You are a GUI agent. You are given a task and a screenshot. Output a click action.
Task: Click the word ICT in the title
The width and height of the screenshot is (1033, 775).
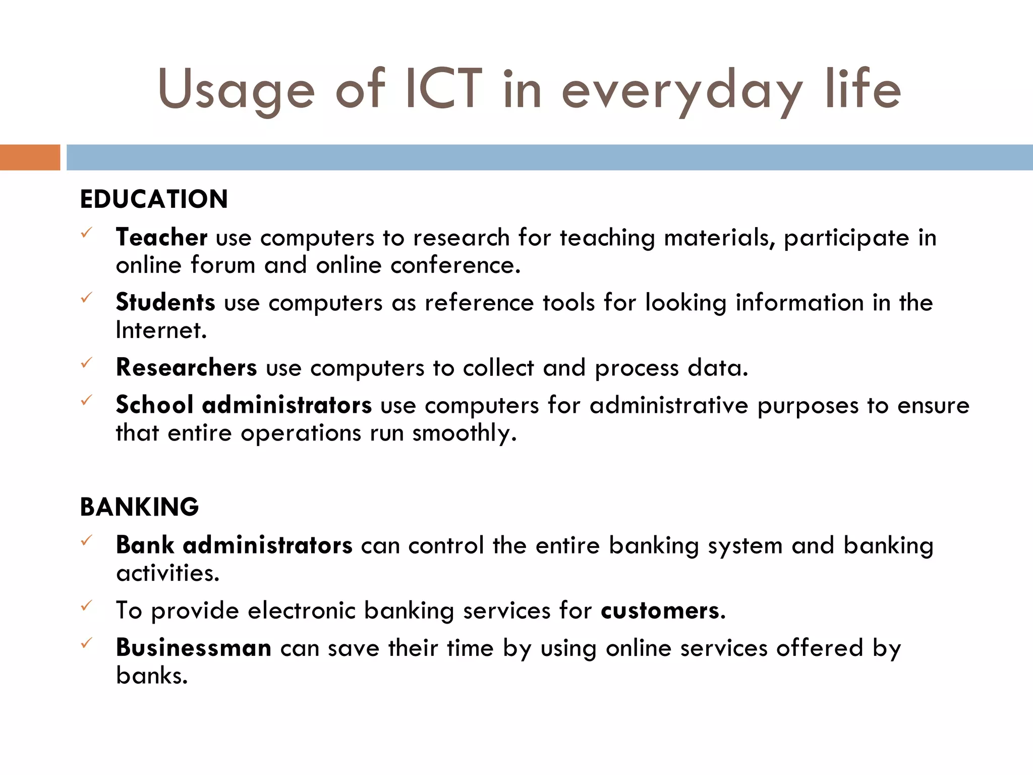[x=443, y=89]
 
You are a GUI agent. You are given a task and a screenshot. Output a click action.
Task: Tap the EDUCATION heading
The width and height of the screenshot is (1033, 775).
[x=154, y=199]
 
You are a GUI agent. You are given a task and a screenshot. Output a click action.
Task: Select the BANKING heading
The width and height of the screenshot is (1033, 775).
[x=140, y=507]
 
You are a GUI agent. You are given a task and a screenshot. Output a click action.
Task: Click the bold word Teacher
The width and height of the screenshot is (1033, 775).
[x=161, y=237]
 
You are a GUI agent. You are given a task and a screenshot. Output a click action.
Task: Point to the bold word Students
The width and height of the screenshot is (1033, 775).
[x=165, y=302]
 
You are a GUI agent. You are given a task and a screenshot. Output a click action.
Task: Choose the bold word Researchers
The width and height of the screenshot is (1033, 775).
[x=186, y=367]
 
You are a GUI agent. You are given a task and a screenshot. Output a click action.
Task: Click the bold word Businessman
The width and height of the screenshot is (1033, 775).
[x=194, y=648]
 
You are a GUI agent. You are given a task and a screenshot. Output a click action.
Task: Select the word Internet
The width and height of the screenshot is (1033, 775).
[x=160, y=330]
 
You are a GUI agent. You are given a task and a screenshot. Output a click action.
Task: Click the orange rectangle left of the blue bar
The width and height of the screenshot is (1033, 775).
[x=30, y=157]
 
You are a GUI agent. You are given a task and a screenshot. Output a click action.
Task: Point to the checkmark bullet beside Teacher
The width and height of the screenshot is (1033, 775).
[x=87, y=233]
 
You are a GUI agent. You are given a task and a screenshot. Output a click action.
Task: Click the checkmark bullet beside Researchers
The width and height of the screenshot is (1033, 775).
[x=87, y=363]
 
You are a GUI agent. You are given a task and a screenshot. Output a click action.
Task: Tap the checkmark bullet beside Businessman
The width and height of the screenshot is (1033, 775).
[x=87, y=643]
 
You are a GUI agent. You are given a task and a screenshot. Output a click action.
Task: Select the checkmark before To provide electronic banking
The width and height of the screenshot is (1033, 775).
[x=87, y=605]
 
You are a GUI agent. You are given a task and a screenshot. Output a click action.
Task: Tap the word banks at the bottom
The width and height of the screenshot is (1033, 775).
[x=151, y=676]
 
